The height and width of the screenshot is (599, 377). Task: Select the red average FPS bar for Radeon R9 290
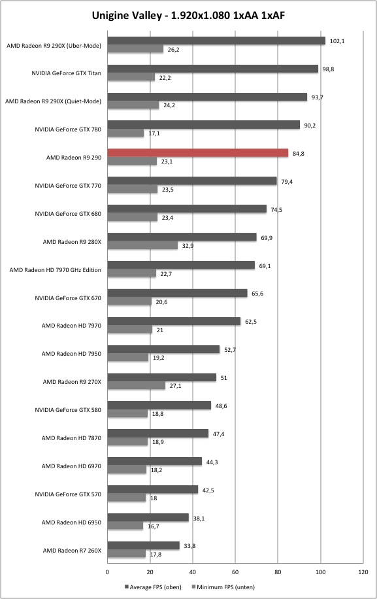click(198, 153)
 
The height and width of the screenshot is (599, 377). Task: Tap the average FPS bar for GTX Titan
click(212, 69)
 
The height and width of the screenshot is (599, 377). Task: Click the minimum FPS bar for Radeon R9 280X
click(142, 245)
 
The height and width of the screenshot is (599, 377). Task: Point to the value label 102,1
click(337, 41)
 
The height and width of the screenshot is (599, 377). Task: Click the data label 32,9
click(188, 246)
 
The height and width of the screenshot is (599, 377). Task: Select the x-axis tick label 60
click(235, 572)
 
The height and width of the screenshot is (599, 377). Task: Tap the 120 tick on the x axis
click(363, 572)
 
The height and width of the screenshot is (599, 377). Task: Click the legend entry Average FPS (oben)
click(153, 587)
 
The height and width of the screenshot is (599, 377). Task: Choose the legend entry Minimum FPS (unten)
click(223, 587)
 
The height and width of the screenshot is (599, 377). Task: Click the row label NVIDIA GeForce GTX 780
click(68, 129)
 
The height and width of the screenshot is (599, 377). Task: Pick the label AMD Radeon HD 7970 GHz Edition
click(56, 270)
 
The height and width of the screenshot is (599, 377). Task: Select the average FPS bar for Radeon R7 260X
click(144, 545)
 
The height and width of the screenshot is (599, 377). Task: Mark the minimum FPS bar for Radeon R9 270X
click(136, 385)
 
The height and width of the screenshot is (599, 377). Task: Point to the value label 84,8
click(299, 154)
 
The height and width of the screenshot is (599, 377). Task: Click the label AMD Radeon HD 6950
click(71, 522)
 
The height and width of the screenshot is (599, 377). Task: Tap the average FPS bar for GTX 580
click(159, 405)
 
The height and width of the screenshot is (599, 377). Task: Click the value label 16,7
click(153, 526)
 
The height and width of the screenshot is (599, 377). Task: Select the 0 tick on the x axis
click(107, 572)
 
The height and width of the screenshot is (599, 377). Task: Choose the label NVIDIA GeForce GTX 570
click(68, 494)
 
